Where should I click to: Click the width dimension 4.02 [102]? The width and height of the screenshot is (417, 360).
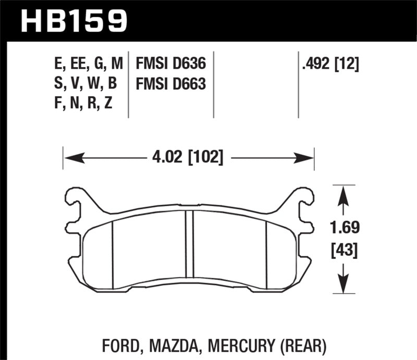188,157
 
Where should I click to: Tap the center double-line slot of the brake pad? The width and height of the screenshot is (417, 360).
190,245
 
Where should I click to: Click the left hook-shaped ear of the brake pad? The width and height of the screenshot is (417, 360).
76,204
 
